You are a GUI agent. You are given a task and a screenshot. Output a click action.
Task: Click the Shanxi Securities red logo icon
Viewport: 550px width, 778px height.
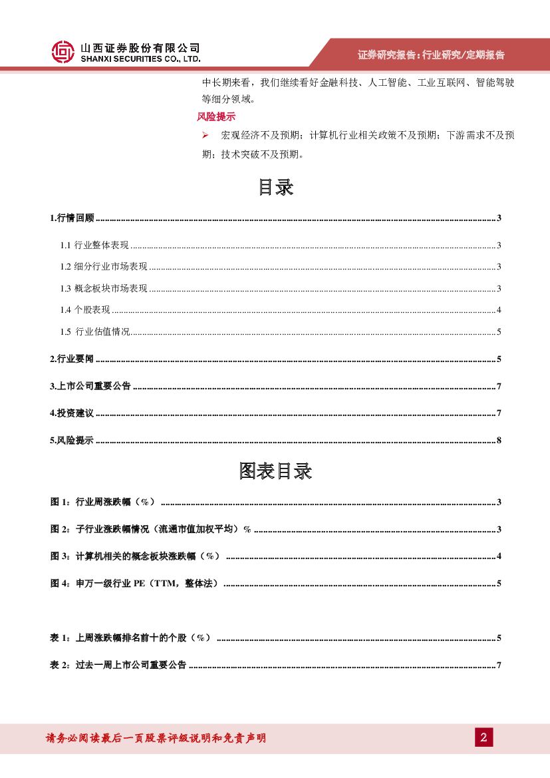[63, 51]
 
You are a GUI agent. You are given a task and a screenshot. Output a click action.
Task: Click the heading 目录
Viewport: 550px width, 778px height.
[275, 188]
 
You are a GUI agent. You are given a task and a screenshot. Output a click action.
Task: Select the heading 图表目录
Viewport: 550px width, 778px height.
[275, 472]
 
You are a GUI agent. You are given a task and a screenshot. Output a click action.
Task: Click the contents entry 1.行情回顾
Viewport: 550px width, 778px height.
[72, 218]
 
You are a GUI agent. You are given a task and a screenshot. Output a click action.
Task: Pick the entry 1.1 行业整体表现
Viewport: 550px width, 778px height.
[94, 246]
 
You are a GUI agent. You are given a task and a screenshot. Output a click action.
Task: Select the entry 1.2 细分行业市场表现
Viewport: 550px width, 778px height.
[104, 267]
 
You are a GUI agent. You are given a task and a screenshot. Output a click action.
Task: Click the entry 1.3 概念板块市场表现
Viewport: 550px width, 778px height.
[104, 288]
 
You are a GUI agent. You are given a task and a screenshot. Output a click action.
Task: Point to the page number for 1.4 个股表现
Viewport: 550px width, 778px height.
[498, 310]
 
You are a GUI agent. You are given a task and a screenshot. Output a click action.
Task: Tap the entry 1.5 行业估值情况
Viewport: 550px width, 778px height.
[95, 331]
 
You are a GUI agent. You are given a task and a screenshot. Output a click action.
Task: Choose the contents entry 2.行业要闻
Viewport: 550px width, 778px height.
[72, 359]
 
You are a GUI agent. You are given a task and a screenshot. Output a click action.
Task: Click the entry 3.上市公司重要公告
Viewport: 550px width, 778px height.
[90, 387]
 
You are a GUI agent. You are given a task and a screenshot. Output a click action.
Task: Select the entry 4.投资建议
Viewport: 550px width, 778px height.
[72, 413]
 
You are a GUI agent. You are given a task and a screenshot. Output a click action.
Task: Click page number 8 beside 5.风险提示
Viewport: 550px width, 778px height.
[498, 441]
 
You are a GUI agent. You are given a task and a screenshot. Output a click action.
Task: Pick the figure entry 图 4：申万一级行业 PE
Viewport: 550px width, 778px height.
[134, 584]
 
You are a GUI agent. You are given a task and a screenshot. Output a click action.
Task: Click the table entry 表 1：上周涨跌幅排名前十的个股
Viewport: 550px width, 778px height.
[130, 638]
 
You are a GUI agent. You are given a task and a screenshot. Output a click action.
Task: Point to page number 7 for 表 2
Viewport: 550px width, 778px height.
[498, 666]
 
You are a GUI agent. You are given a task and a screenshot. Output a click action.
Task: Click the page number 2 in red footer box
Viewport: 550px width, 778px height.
[483, 737]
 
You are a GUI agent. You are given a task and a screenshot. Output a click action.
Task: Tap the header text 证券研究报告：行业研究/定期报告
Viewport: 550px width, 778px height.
[431, 55]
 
